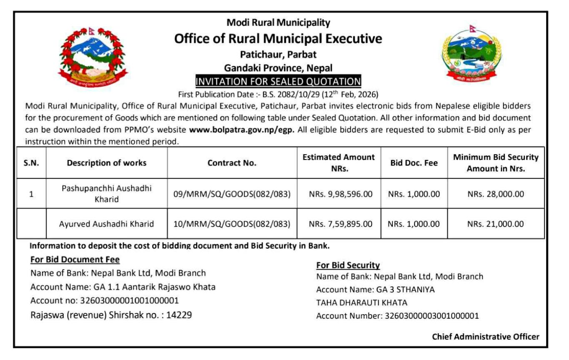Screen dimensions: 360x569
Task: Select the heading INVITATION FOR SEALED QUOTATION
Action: [x=278, y=81]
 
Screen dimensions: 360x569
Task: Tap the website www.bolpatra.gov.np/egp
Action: [x=242, y=129]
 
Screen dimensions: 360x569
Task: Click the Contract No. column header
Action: [x=232, y=163]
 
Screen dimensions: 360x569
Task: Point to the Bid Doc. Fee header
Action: [x=414, y=163]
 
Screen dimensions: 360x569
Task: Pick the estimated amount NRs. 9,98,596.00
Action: [x=340, y=194]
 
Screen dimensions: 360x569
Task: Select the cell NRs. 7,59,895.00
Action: [x=340, y=224]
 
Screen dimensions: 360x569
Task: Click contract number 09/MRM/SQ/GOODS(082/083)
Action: [x=232, y=194]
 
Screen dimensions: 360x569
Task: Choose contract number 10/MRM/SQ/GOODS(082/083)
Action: [x=232, y=224]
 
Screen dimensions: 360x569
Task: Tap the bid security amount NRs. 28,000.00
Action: [x=495, y=194]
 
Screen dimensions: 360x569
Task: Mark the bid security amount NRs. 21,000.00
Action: [x=495, y=224]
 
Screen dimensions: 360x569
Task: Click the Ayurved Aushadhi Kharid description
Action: [x=107, y=224]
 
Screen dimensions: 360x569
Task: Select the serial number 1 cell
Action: [x=31, y=194]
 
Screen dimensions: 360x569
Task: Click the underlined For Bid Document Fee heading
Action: [x=75, y=260]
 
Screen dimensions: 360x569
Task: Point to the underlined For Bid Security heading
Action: [x=348, y=265]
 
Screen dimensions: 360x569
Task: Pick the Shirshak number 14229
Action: [x=179, y=315]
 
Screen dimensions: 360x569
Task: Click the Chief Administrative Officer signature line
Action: [x=485, y=336]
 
